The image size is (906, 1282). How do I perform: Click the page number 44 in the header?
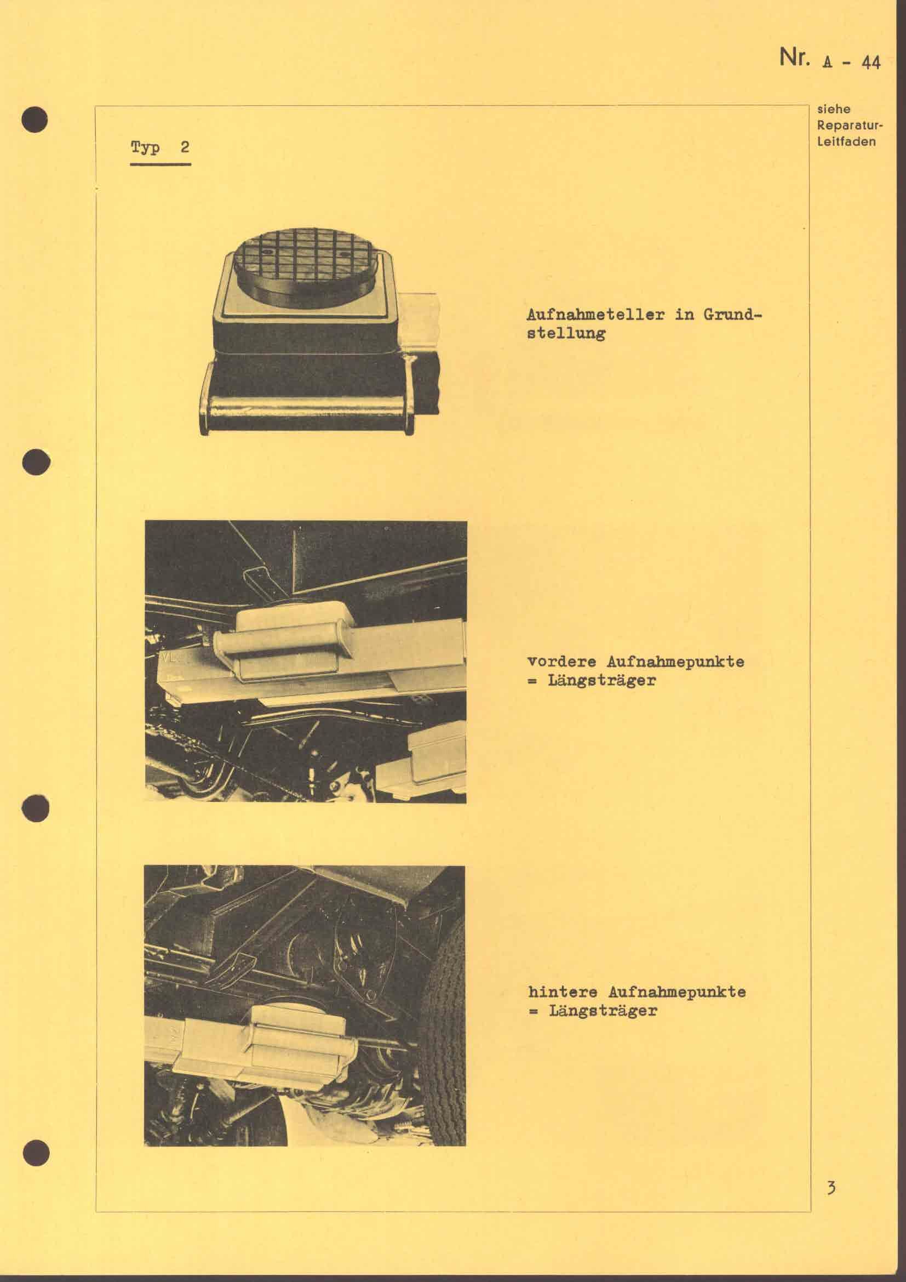click(x=870, y=63)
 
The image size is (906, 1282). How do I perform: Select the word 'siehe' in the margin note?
click(x=834, y=110)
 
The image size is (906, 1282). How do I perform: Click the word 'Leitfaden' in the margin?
click(x=846, y=141)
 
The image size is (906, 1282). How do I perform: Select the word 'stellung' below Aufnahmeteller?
click(x=566, y=333)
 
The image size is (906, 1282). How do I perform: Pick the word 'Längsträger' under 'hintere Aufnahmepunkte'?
click(x=603, y=1011)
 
